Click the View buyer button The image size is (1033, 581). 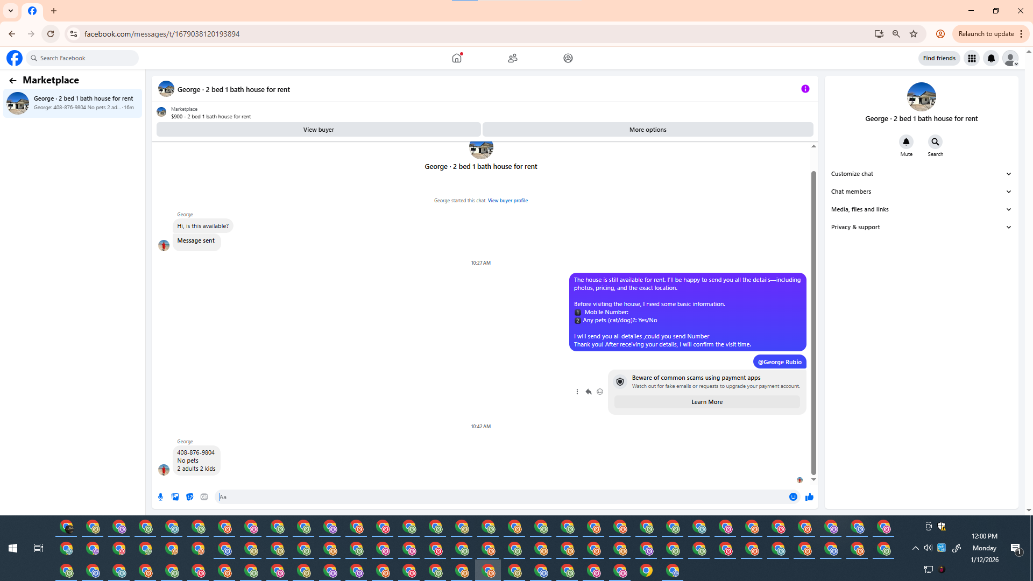tap(319, 130)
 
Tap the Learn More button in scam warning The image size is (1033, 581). tap(706, 402)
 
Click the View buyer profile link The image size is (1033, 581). tap(507, 201)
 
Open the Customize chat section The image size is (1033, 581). tap(921, 174)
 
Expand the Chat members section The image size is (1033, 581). tap(921, 192)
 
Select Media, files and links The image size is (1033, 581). tap(921, 209)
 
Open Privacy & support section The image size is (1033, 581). tap(921, 227)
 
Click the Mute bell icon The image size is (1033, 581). tap(906, 142)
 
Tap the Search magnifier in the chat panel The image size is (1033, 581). tap(935, 142)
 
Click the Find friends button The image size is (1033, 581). tap(939, 58)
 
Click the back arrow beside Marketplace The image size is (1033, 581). tap(12, 81)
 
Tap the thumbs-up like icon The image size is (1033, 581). tap(809, 497)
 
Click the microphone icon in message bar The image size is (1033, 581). tap(160, 497)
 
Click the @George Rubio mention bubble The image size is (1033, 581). tap(780, 362)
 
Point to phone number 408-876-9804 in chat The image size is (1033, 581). tap(196, 452)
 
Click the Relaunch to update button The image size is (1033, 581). tap(986, 34)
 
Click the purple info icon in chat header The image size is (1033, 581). tap(805, 89)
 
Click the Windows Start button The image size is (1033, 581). tap(13, 548)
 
